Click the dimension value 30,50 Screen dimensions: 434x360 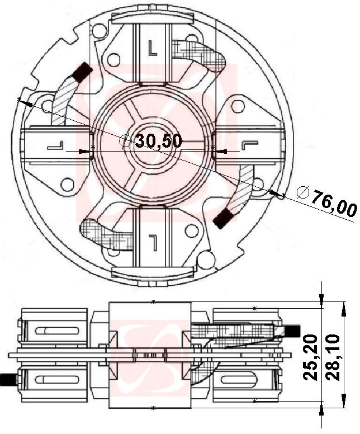[x=158, y=141]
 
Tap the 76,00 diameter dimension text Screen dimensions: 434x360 [x=334, y=203]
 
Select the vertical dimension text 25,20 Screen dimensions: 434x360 [x=311, y=357]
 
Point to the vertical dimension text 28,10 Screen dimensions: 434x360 [x=334, y=357]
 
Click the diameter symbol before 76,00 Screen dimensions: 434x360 [x=302, y=192]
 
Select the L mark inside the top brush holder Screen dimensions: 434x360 [x=153, y=48]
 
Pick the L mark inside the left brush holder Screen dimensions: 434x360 [x=56, y=147]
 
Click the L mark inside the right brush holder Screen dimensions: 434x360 [x=247, y=145]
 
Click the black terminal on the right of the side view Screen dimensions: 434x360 [x=293, y=331]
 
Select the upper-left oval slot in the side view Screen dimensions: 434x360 [x=53, y=331]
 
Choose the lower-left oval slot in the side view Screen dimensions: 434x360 [x=53, y=380]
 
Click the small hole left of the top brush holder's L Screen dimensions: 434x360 [x=114, y=58]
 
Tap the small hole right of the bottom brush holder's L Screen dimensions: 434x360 [x=191, y=230]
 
